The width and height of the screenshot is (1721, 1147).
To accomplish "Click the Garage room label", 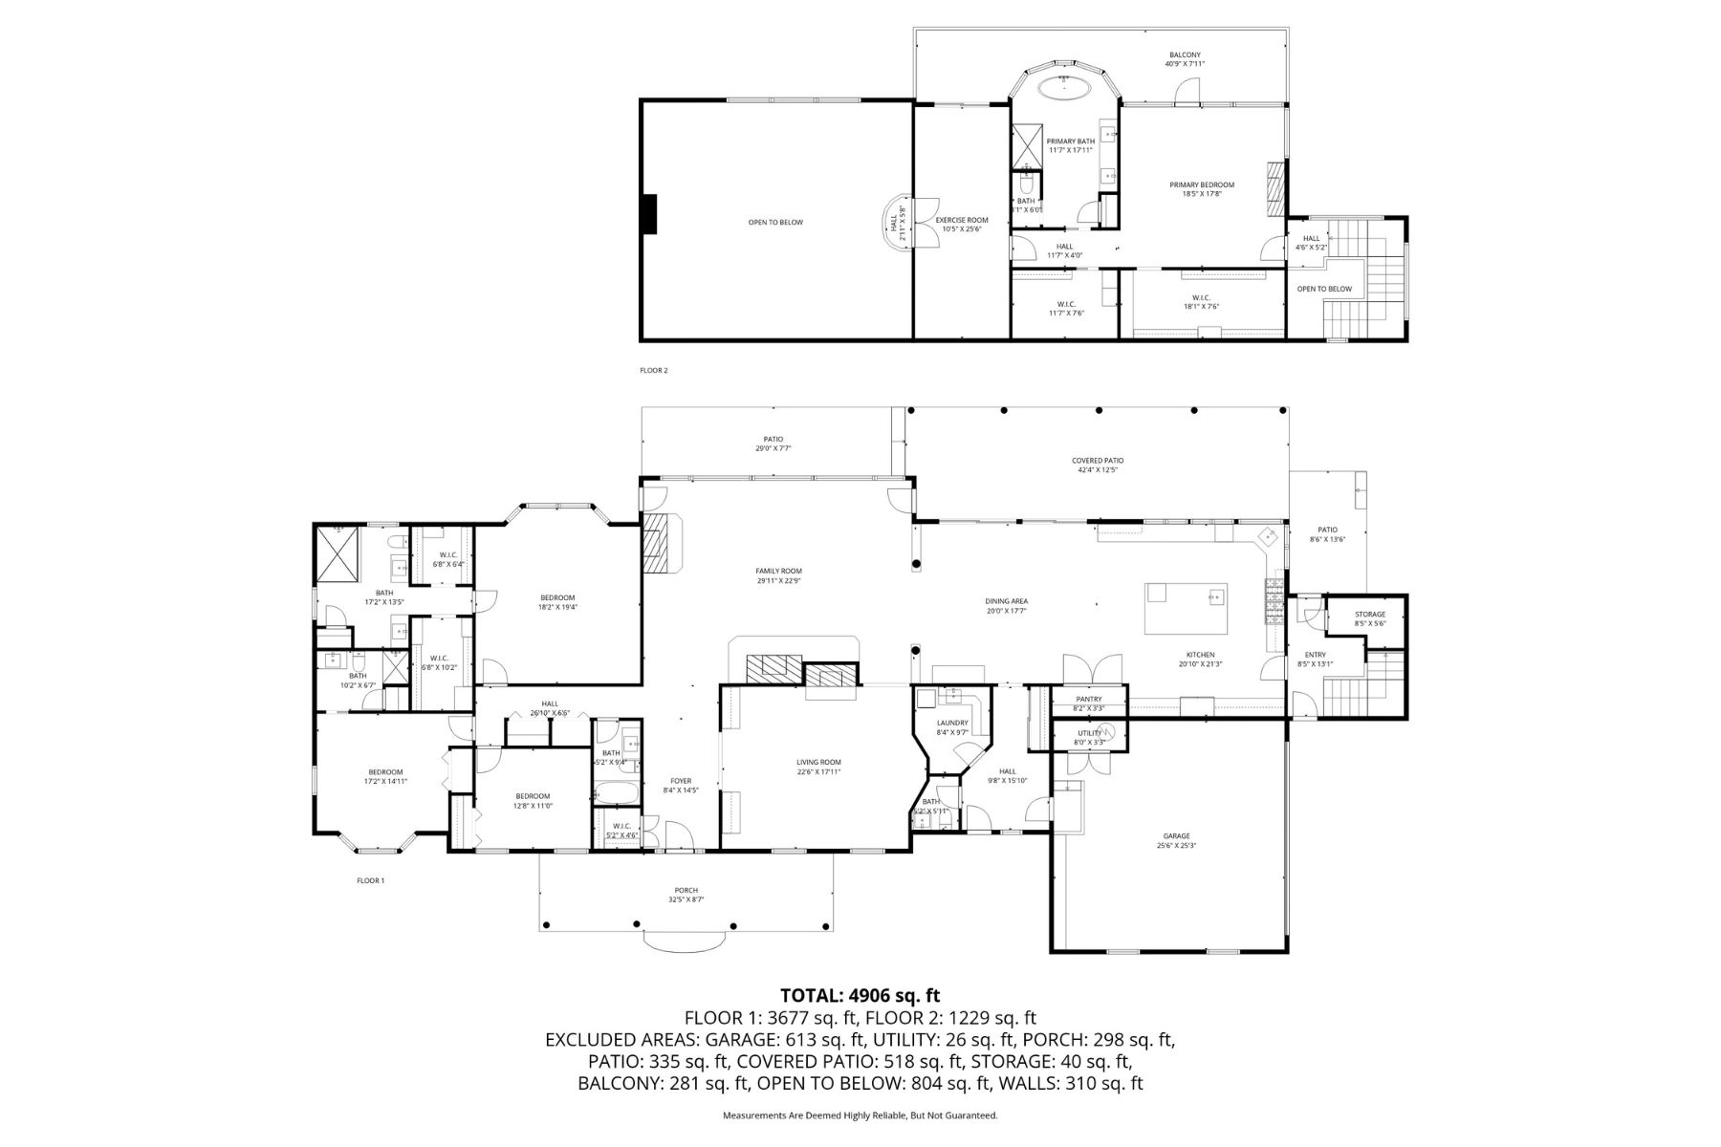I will pos(1175,835).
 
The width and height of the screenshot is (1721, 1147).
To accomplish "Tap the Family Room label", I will pos(778,571).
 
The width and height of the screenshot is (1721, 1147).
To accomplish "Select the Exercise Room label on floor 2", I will pos(961,220).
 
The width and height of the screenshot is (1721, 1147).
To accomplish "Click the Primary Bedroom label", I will pos(1202,184).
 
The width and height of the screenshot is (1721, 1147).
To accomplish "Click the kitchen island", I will pos(1187,608).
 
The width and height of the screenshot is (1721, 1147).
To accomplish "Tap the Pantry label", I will pos(1088,699).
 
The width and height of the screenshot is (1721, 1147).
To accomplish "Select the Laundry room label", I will pos(952,723).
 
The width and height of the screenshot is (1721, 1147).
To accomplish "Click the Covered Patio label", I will pos(1097,461).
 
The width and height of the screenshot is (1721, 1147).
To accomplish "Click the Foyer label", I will pos(681,781).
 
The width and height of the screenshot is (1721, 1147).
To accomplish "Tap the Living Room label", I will pos(818,762).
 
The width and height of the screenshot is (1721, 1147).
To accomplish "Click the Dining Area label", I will pos(1006,601).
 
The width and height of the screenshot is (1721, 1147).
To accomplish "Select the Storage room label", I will pos(1369,615).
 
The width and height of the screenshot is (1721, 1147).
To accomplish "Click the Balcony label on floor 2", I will pos(1185,54).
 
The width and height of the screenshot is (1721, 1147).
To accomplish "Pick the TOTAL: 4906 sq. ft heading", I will pos(860,996).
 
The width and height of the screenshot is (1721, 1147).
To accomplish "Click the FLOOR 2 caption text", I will pos(654,370).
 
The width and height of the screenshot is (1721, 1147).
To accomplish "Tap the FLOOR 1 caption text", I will pos(370,880).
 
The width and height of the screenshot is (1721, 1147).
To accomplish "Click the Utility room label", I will pos(1090,733).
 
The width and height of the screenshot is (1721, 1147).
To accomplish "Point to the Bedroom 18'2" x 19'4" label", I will pos(557,597).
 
